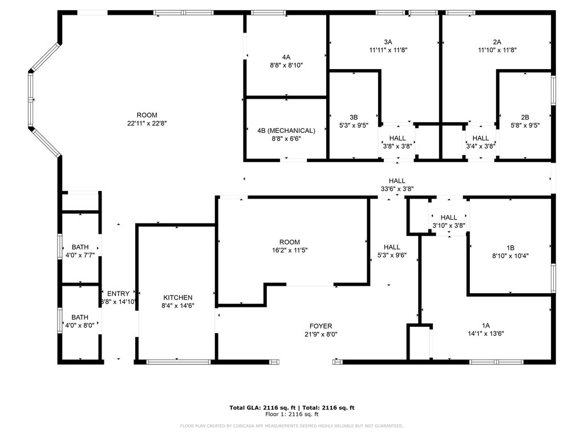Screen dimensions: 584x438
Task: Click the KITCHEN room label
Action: point(178,298)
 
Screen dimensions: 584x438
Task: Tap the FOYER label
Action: point(321,326)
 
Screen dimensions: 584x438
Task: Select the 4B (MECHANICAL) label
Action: point(286,131)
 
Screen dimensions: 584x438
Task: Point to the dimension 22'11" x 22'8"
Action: point(147,123)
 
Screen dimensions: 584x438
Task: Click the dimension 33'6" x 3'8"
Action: point(397,189)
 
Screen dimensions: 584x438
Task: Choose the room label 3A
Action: point(388,42)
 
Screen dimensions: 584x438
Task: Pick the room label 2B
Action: point(525,117)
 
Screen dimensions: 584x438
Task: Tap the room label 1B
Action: point(510,248)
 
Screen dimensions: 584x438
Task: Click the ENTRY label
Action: point(118,294)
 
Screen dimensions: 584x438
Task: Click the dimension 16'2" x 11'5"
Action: point(289,250)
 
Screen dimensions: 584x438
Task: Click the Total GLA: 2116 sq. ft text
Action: point(262,408)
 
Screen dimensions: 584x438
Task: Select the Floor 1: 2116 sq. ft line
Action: point(292,414)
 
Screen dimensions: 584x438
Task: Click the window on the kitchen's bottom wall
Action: point(179,362)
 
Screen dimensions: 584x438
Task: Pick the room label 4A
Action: point(286,58)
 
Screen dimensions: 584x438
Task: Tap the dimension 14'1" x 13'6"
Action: point(486,334)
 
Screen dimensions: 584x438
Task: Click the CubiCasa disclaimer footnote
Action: point(291,425)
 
